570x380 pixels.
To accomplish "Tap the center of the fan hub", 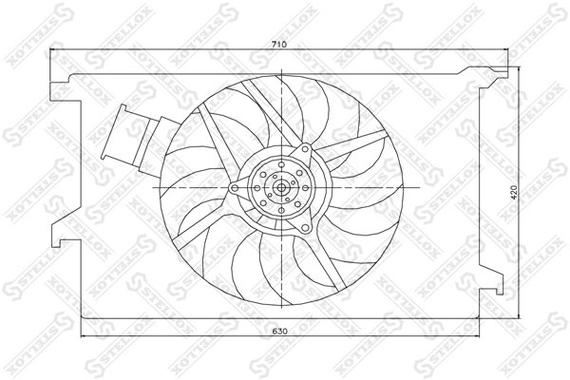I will point(281,188).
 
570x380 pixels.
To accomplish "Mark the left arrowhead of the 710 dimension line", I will point(53,53).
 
